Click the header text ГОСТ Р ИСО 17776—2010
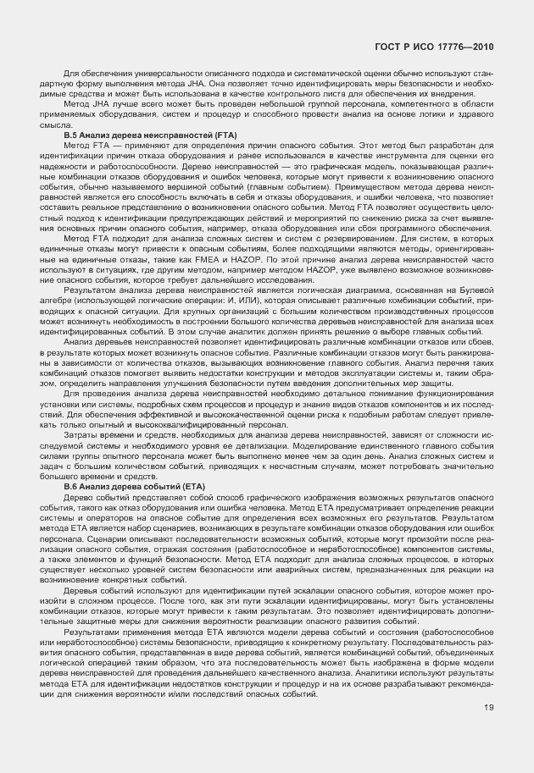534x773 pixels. pyautogui.click(x=433, y=47)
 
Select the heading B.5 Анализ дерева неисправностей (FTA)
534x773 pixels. pyautogui.click(x=151, y=135)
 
